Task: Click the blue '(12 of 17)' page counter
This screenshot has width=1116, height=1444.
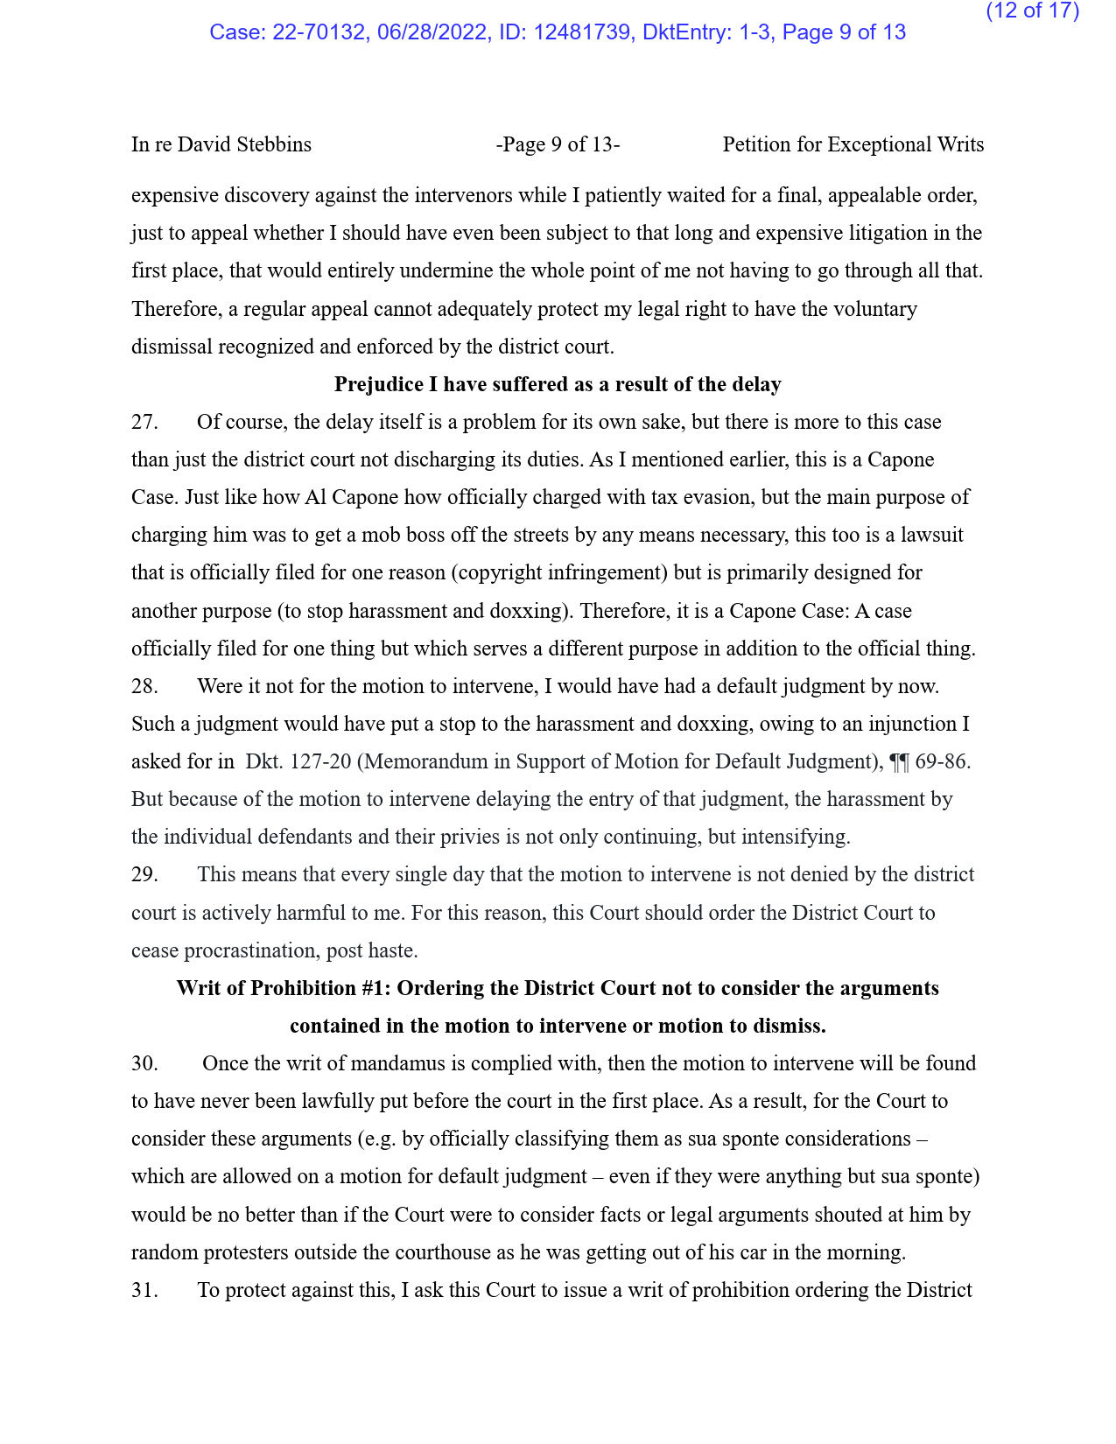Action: click(x=1032, y=11)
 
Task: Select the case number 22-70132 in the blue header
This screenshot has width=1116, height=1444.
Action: click(x=319, y=32)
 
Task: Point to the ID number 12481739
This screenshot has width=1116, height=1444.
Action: click(x=583, y=32)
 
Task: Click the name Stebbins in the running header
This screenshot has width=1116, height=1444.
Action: click(x=275, y=144)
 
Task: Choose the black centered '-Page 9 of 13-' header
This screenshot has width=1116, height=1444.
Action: click(x=558, y=144)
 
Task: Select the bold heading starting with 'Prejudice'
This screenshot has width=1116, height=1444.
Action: click(x=558, y=384)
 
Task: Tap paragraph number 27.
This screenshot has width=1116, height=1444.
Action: click(x=144, y=422)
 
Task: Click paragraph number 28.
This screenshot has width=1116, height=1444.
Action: click(x=144, y=686)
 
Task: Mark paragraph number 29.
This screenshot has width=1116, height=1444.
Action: click(x=144, y=874)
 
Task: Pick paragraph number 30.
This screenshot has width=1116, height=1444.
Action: click(x=144, y=1063)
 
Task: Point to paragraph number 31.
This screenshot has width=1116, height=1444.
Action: click(x=144, y=1290)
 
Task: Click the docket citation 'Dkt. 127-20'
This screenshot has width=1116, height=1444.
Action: click(x=298, y=761)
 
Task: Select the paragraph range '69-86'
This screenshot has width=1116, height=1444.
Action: click(x=941, y=761)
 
